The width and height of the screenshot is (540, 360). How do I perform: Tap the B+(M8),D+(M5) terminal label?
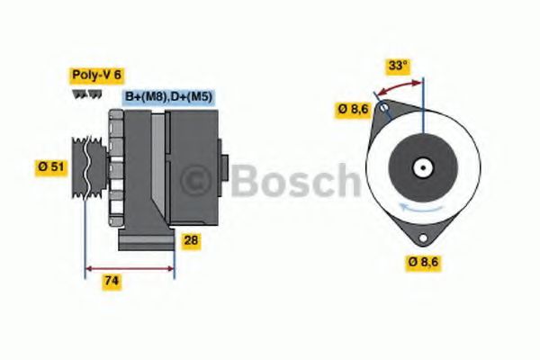(x=168, y=96)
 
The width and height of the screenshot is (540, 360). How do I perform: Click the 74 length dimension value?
(x=111, y=281)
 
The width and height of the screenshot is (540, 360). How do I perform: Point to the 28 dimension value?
(x=191, y=240)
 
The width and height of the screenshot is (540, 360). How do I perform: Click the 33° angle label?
(x=398, y=66)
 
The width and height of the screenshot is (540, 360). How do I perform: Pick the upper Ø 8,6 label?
(x=352, y=110)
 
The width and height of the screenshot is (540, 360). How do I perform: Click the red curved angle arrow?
(x=399, y=88)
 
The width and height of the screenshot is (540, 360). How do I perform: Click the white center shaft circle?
(x=420, y=167)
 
